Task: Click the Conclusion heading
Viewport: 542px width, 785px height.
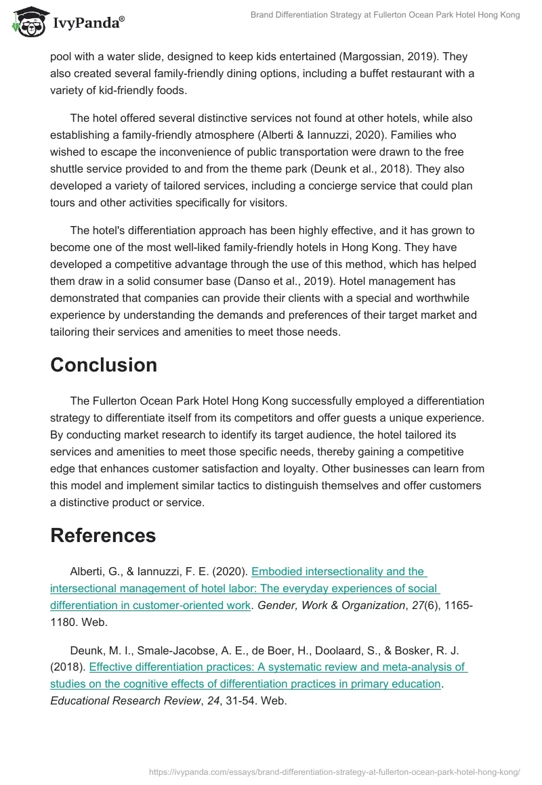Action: [x=104, y=365]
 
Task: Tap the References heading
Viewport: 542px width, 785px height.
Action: [x=103, y=535]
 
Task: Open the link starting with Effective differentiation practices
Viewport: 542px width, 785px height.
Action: [x=278, y=667]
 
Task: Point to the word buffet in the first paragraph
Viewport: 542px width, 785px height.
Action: [x=341, y=73]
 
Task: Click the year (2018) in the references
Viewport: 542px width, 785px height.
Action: [x=68, y=667]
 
